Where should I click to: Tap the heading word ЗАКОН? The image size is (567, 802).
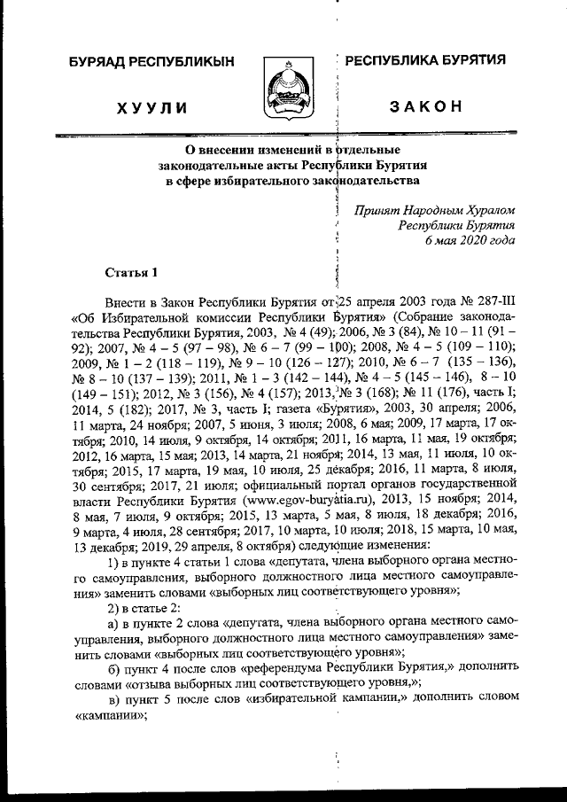[425, 107]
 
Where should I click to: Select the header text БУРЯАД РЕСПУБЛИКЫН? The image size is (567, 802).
[151, 62]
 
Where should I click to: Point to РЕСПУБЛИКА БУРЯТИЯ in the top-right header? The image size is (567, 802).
[425, 60]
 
